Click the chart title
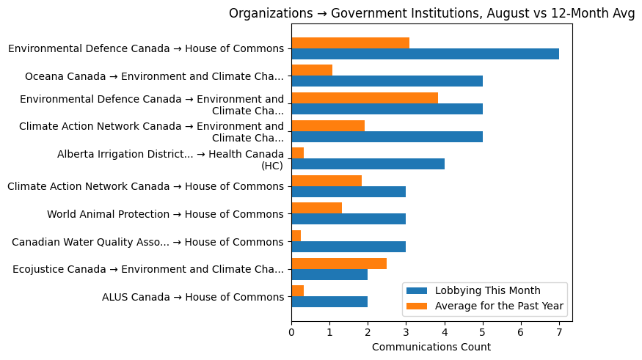coord(431,13)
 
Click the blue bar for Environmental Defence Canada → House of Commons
coord(425,54)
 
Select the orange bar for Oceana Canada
coord(312,70)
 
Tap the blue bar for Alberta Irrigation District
coord(368,164)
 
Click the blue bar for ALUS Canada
coord(329,301)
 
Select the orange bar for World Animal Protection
coord(316,208)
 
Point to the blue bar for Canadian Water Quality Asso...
coord(349,246)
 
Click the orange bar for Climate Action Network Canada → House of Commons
coord(327,180)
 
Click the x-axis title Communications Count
coord(431,347)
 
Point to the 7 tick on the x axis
coord(559,332)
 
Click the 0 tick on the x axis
coord(291,332)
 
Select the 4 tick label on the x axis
coord(445,332)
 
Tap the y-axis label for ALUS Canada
coord(193,297)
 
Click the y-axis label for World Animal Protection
coord(165,214)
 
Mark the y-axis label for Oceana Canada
coord(154,76)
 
